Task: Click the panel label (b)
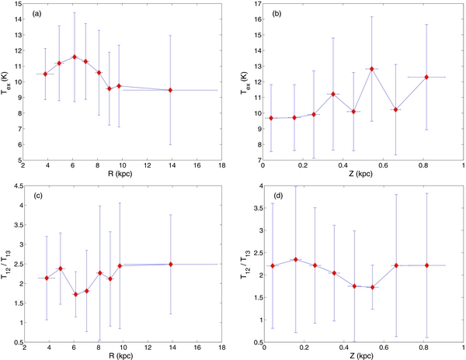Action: pos(278,12)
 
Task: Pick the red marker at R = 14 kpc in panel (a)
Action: pos(171,90)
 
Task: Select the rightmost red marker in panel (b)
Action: pos(427,77)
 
